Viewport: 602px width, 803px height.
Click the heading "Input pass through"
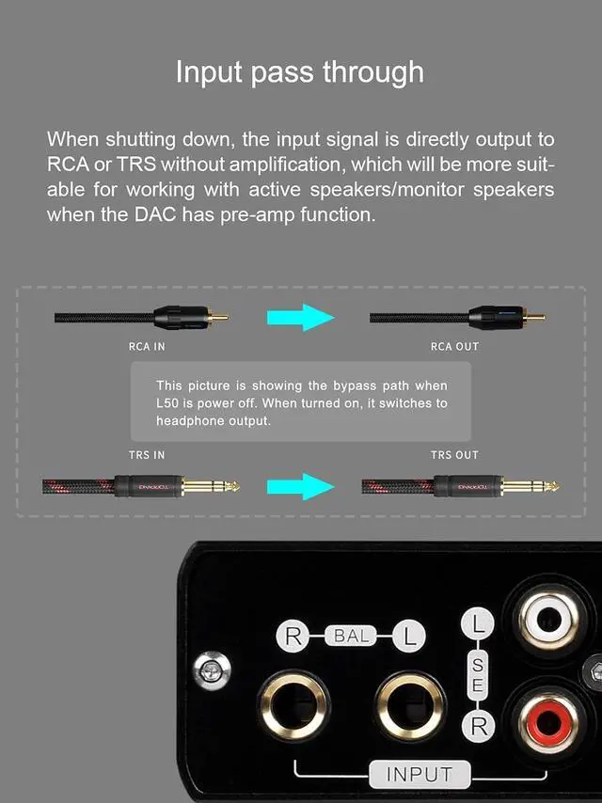click(x=300, y=72)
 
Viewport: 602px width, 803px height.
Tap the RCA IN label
click(x=147, y=347)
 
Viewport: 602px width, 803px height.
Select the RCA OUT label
click(x=454, y=347)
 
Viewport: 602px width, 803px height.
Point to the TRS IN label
click(x=147, y=455)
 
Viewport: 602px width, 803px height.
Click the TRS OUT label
click(x=454, y=455)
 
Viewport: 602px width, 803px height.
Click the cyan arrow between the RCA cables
click(x=301, y=318)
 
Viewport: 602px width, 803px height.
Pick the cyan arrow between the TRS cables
click(x=301, y=486)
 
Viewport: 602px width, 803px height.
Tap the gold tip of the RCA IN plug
click(x=219, y=318)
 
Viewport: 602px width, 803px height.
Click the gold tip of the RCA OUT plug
click(x=536, y=318)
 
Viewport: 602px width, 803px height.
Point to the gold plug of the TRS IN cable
click(x=211, y=486)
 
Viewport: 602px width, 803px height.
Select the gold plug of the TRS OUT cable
click(x=531, y=486)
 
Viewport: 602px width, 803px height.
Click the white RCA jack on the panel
click(x=548, y=621)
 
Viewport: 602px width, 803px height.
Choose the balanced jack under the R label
click(x=293, y=706)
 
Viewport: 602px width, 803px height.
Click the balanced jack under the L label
click(x=410, y=706)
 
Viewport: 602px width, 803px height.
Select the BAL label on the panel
click(x=352, y=636)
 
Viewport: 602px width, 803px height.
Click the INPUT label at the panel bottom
click(x=420, y=775)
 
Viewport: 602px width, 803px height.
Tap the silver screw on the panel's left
click(x=212, y=669)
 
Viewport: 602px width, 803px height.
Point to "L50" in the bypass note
click(x=167, y=403)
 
